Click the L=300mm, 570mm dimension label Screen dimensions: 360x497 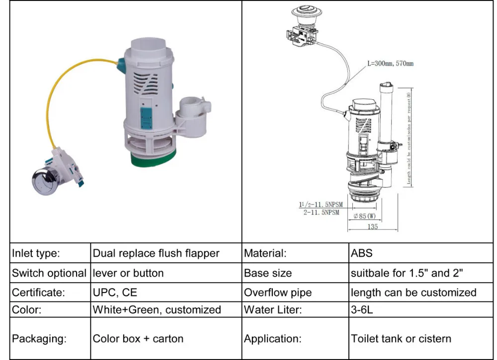point(390,64)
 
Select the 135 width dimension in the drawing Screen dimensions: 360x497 point(373,226)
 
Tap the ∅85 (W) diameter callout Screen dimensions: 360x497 point(365,216)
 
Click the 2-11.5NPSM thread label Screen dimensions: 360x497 point(321,212)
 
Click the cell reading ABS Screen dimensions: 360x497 point(361,253)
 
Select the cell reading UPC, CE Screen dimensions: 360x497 point(116,292)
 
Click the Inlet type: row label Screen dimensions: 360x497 point(36,253)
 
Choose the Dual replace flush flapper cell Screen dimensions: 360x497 point(156,253)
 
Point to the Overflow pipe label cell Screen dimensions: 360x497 point(278,292)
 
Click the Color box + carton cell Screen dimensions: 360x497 point(138,339)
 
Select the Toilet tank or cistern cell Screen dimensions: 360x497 point(401,339)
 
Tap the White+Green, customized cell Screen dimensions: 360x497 point(157,310)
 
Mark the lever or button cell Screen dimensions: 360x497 point(128,273)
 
